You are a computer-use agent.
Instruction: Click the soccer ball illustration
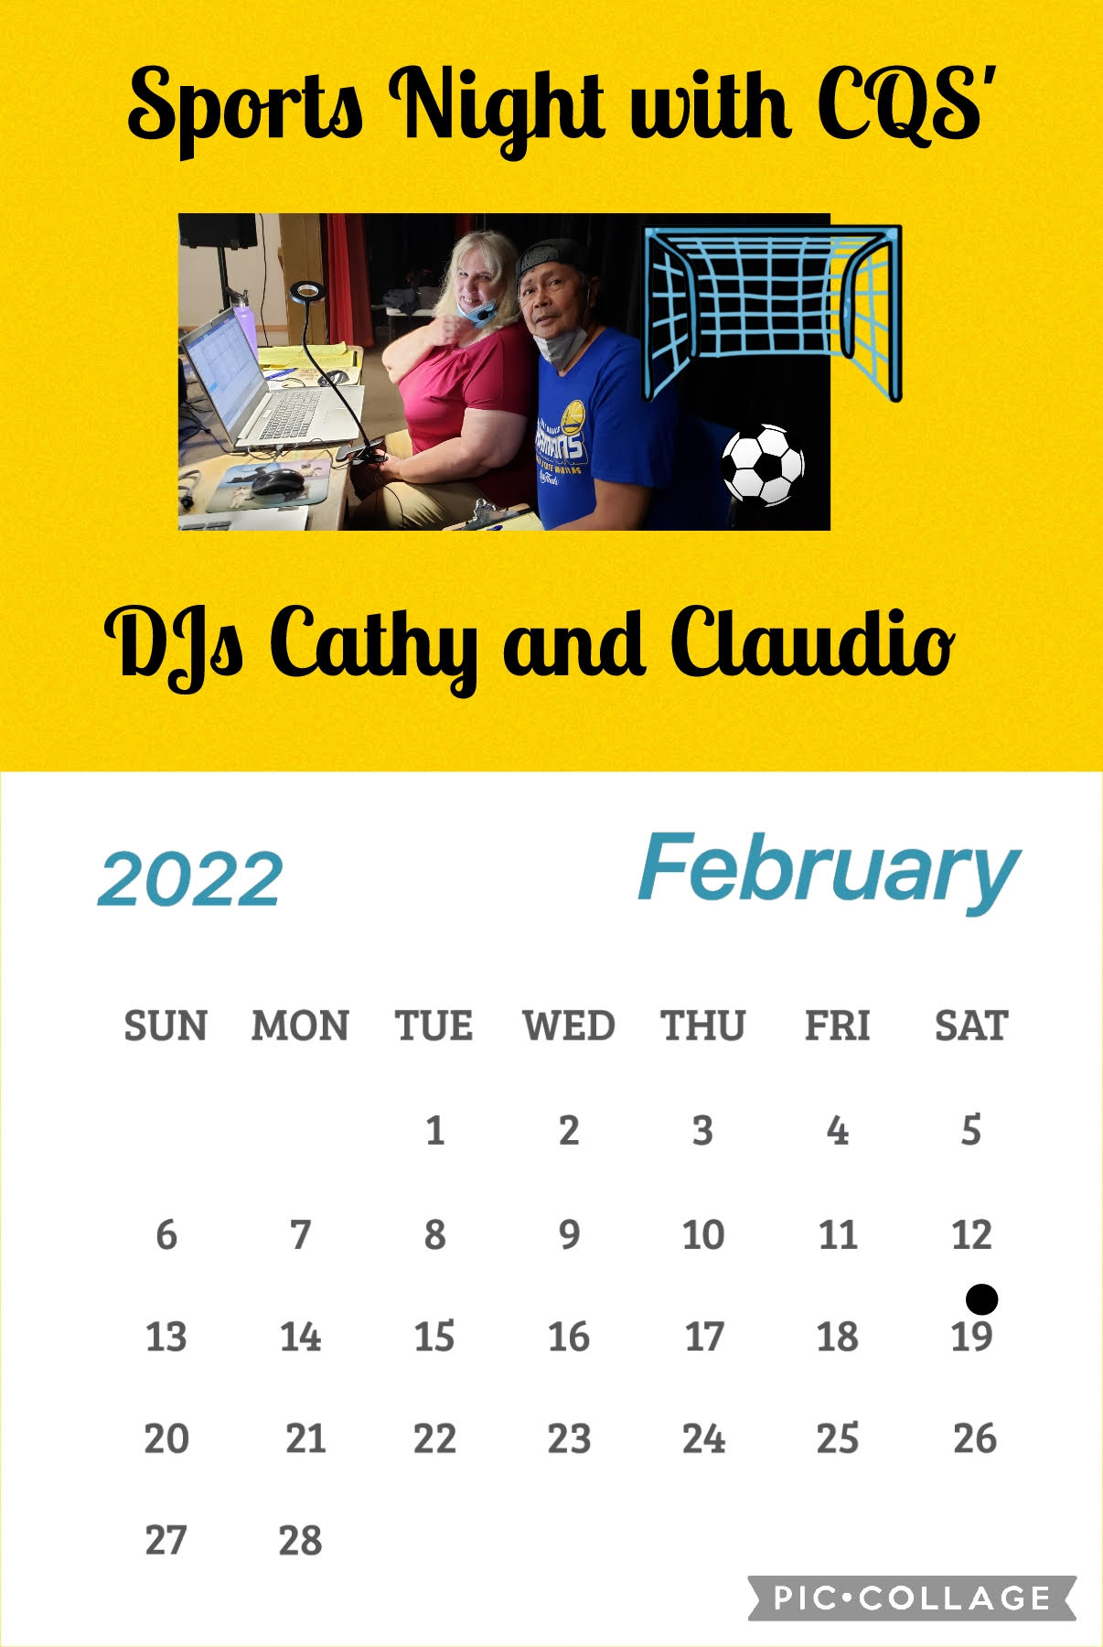coord(763,465)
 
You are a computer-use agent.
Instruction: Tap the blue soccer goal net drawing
coord(772,311)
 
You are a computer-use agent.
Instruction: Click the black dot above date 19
coord(981,1298)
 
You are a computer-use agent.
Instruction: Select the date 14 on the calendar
coord(300,1337)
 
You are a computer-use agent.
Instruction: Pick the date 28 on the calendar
coord(300,1541)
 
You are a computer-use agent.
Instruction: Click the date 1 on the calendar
coord(434,1131)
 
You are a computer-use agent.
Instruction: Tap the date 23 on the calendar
coord(569,1439)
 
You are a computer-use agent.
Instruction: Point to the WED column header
coord(568,1026)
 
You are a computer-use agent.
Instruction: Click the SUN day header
coord(166,1026)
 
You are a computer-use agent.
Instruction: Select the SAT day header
coord(971,1026)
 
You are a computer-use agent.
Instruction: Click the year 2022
coord(190,879)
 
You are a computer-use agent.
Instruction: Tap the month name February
coord(829,871)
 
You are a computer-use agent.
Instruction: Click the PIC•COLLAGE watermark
coord(912,1598)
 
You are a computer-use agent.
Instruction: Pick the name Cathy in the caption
coord(375,646)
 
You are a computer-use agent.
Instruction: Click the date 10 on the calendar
coord(703,1235)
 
